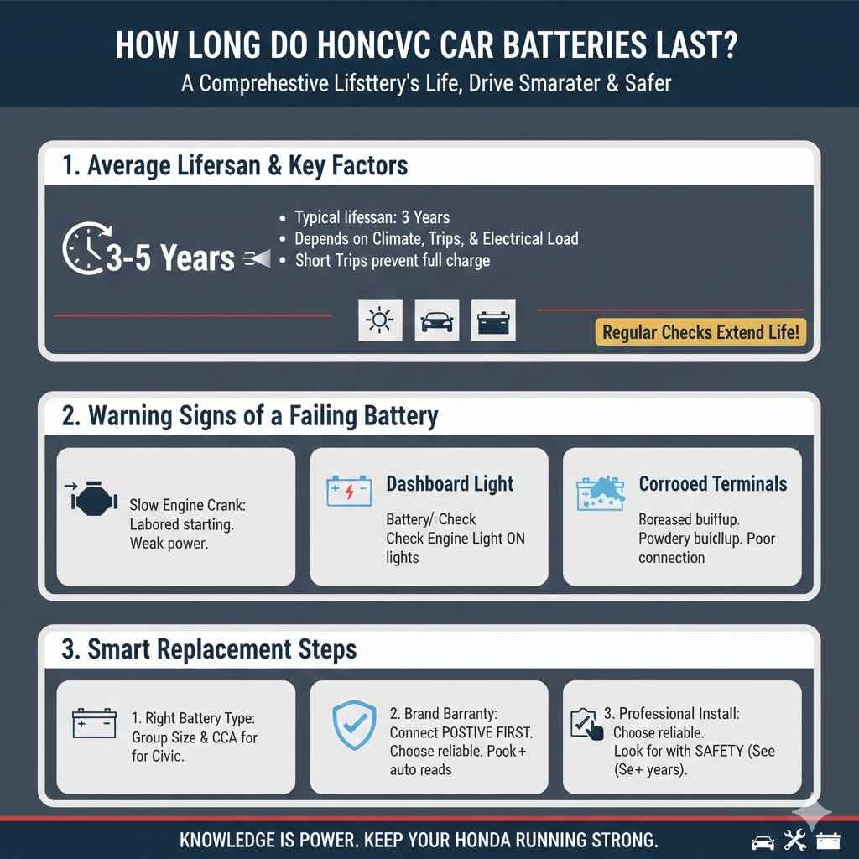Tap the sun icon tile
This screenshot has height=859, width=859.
(380, 320)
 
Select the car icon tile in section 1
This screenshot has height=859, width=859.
(436, 320)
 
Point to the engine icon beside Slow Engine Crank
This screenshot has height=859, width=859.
(90, 500)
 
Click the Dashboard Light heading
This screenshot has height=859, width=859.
(450, 484)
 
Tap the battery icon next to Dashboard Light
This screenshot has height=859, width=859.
(349, 491)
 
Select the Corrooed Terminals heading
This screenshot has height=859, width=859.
(713, 484)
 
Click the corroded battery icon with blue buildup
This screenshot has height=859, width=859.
(601, 493)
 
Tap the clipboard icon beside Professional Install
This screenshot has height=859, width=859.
(587, 723)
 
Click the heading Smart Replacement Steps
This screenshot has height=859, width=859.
(210, 649)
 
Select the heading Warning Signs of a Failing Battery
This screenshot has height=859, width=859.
(250, 416)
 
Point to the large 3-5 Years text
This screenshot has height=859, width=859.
(170, 258)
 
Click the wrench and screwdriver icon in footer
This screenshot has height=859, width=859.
(794, 840)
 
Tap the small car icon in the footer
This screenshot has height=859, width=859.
(763, 840)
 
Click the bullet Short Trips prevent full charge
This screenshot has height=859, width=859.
(393, 260)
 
